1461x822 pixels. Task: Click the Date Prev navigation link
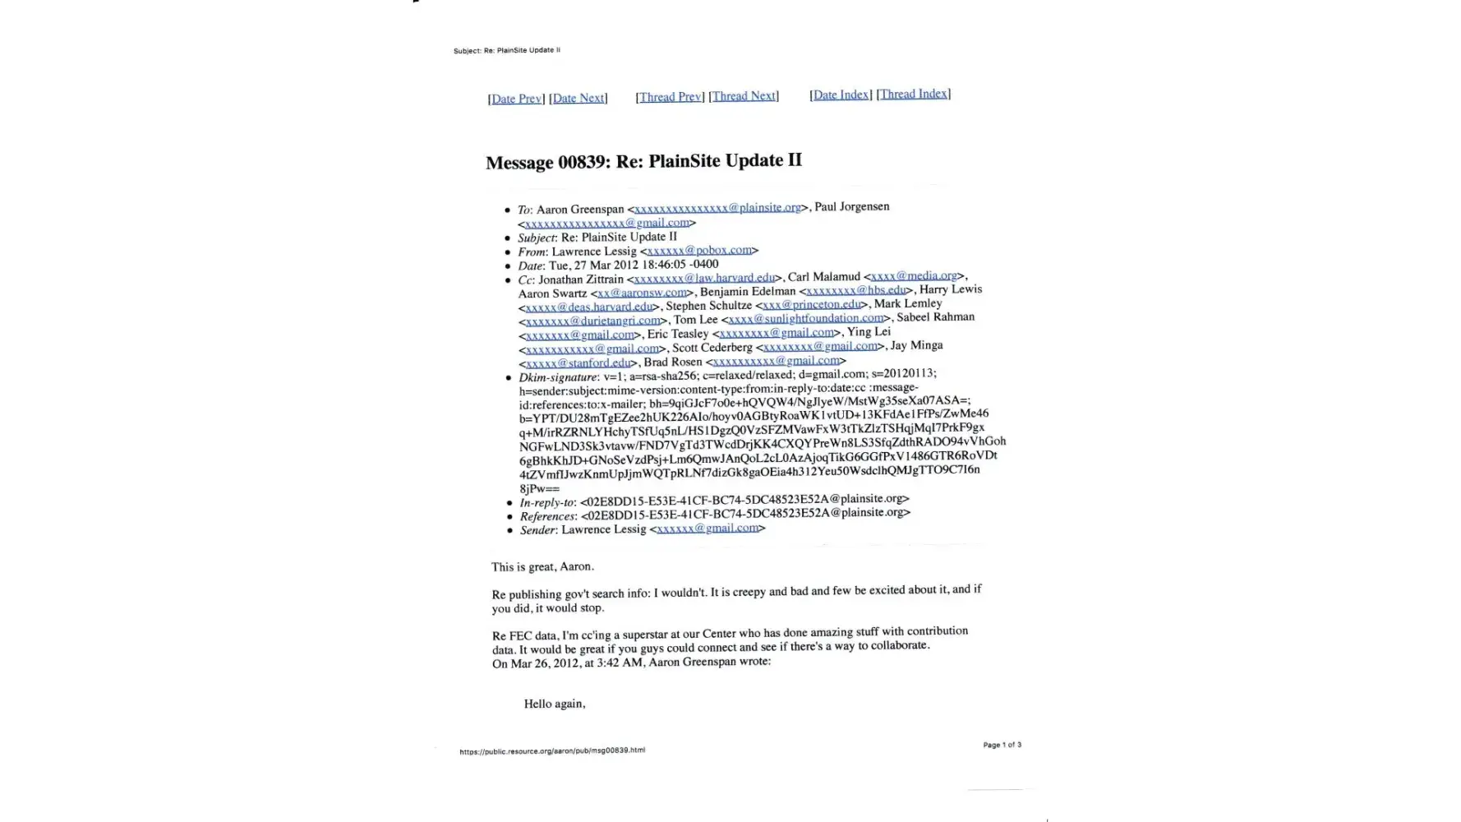(516, 99)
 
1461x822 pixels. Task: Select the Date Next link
(578, 98)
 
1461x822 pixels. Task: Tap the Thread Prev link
(670, 97)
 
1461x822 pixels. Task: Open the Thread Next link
(744, 96)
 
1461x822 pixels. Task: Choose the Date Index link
(841, 95)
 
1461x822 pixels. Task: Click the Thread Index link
(914, 94)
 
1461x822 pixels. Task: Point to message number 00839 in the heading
(582, 162)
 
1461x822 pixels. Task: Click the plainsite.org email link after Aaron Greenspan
(717, 208)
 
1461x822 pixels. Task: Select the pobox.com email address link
(699, 250)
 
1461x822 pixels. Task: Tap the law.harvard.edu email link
(705, 279)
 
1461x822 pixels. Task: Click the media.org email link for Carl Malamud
(914, 275)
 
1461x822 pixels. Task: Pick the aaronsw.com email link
(642, 293)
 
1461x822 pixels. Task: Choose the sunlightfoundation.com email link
(806, 318)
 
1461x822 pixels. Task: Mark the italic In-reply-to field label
(547, 502)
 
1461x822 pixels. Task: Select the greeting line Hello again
(555, 704)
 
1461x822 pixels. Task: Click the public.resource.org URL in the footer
(552, 750)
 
